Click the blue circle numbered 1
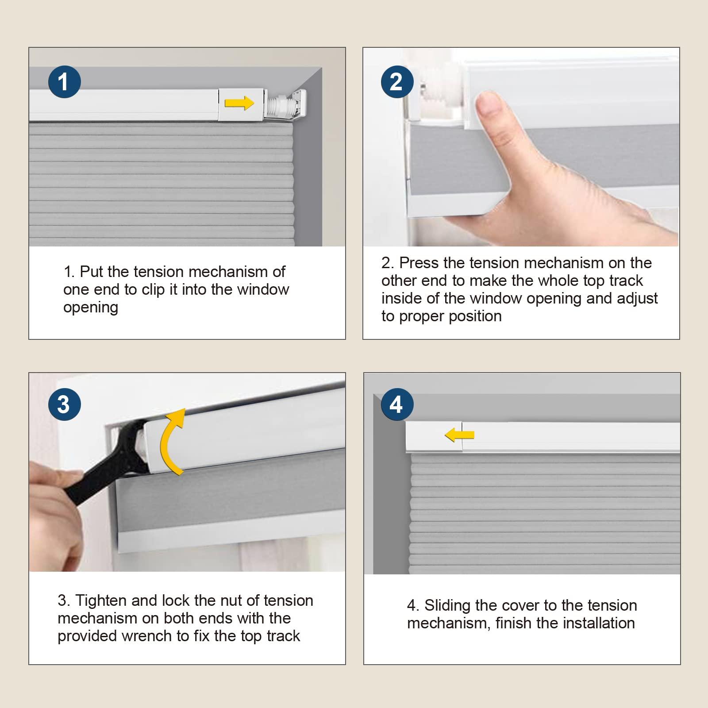pyautogui.click(x=64, y=82)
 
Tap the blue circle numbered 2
pyautogui.click(x=397, y=82)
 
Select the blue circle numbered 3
pyautogui.click(x=64, y=404)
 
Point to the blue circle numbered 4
pyautogui.click(x=397, y=404)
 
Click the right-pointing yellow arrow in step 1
pyautogui.click(x=239, y=104)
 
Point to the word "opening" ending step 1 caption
pyautogui.click(x=91, y=308)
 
